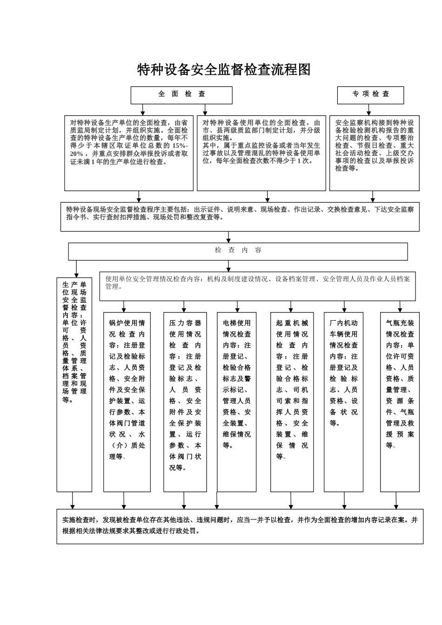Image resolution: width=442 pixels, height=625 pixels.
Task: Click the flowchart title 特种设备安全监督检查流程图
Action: click(x=224, y=70)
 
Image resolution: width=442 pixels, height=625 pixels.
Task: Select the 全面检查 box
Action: click(x=181, y=95)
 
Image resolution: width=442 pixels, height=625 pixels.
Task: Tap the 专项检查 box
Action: click(x=370, y=95)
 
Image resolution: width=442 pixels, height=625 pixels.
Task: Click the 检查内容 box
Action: click(x=238, y=251)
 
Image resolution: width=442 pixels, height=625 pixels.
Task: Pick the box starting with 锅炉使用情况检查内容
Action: click(x=127, y=402)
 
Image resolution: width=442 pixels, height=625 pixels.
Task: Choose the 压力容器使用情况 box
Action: click(x=185, y=402)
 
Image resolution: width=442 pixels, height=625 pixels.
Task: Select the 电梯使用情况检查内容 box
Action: click(x=236, y=402)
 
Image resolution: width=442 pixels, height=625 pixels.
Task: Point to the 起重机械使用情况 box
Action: click(x=292, y=402)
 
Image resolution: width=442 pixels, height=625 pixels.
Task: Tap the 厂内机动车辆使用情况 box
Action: click(x=343, y=402)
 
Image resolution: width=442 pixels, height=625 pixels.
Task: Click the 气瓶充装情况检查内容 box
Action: click(x=400, y=402)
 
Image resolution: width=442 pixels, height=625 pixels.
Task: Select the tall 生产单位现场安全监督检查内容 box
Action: click(x=74, y=384)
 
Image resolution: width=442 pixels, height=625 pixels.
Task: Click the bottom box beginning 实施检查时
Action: click(x=240, y=526)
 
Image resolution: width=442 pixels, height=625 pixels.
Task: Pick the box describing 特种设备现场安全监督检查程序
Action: click(x=240, y=216)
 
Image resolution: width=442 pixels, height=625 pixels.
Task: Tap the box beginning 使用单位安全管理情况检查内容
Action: click(x=257, y=286)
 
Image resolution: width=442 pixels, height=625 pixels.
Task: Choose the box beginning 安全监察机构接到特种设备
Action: click(x=374, y=153)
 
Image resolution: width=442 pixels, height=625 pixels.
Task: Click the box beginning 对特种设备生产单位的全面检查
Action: click(x=129, y=153)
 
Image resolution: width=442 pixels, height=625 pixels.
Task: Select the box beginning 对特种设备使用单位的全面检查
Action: click(x=261, y=153)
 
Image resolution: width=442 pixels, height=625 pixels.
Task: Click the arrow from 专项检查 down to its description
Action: click(x=369, y=110)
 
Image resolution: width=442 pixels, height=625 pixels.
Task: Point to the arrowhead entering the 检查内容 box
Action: click(x=228, y=240)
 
